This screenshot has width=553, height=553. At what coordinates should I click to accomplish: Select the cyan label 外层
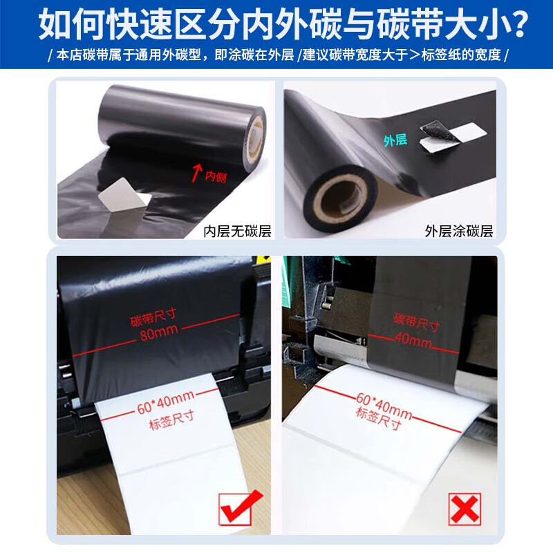395,140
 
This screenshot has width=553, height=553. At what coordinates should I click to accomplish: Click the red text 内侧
216,176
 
